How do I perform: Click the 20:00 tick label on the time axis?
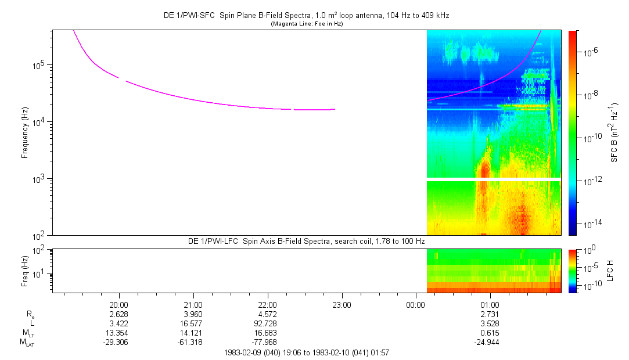click(x=118, y=305)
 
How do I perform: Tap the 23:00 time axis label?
click(x=342, y=305)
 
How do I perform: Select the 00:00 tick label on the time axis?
click(x=416, y=305)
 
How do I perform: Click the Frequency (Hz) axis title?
click(x=26, y=132)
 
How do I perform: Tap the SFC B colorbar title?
click(x=613, y=132)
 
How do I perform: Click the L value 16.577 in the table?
click(x=193, y=323)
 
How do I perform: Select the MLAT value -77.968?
click(x=267, y=343)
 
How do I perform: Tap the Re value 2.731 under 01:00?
click(x=490, y=314)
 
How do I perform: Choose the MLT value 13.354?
click(x=118, y=333)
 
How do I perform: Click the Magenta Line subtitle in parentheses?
click(x=307, y=24)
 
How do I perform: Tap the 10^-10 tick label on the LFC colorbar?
click(x=589, y=286)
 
